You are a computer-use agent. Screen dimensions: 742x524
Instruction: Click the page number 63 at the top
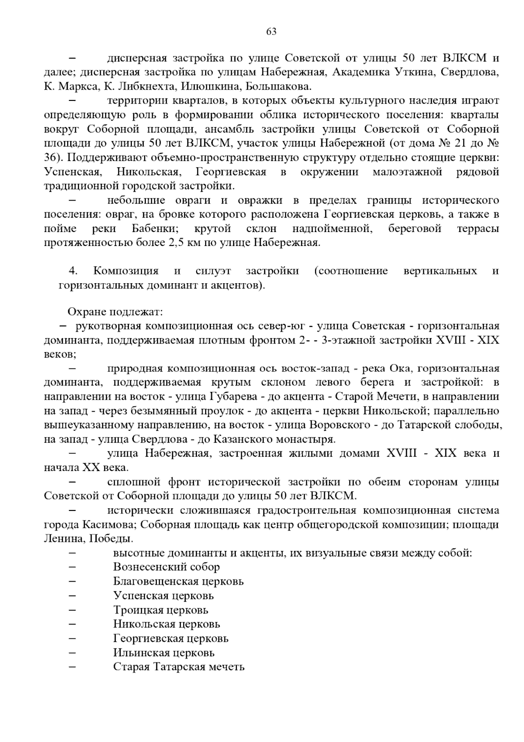271,32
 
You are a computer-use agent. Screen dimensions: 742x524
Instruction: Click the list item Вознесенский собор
166,567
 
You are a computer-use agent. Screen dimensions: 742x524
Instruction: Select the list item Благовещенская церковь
178,582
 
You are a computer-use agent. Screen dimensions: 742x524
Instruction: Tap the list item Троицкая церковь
161,610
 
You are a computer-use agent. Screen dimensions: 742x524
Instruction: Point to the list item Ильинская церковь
164,653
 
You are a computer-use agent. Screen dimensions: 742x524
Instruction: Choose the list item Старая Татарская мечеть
179,667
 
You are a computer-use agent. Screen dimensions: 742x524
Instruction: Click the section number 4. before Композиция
73,271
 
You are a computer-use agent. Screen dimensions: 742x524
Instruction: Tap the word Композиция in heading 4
126,271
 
